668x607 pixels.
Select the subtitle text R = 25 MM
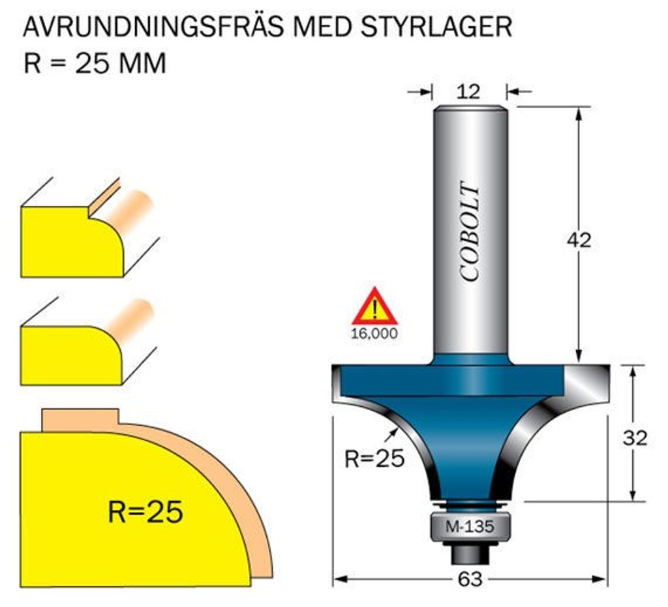pyautogui.click(x=95, y=64)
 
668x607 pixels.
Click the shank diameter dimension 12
pyautogui.click(x=470, y=91)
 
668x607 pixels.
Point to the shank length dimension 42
pyautogui.click(x=578, y=240)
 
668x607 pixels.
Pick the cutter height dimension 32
pyautogui.click(x=634, y=438)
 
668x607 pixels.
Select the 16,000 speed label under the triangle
pyautogui.click(x=374, y=334)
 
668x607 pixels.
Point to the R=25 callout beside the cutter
pyautogui.click(x=374, y=459)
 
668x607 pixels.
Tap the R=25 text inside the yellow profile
pyautogui.click(x=145, y=512)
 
